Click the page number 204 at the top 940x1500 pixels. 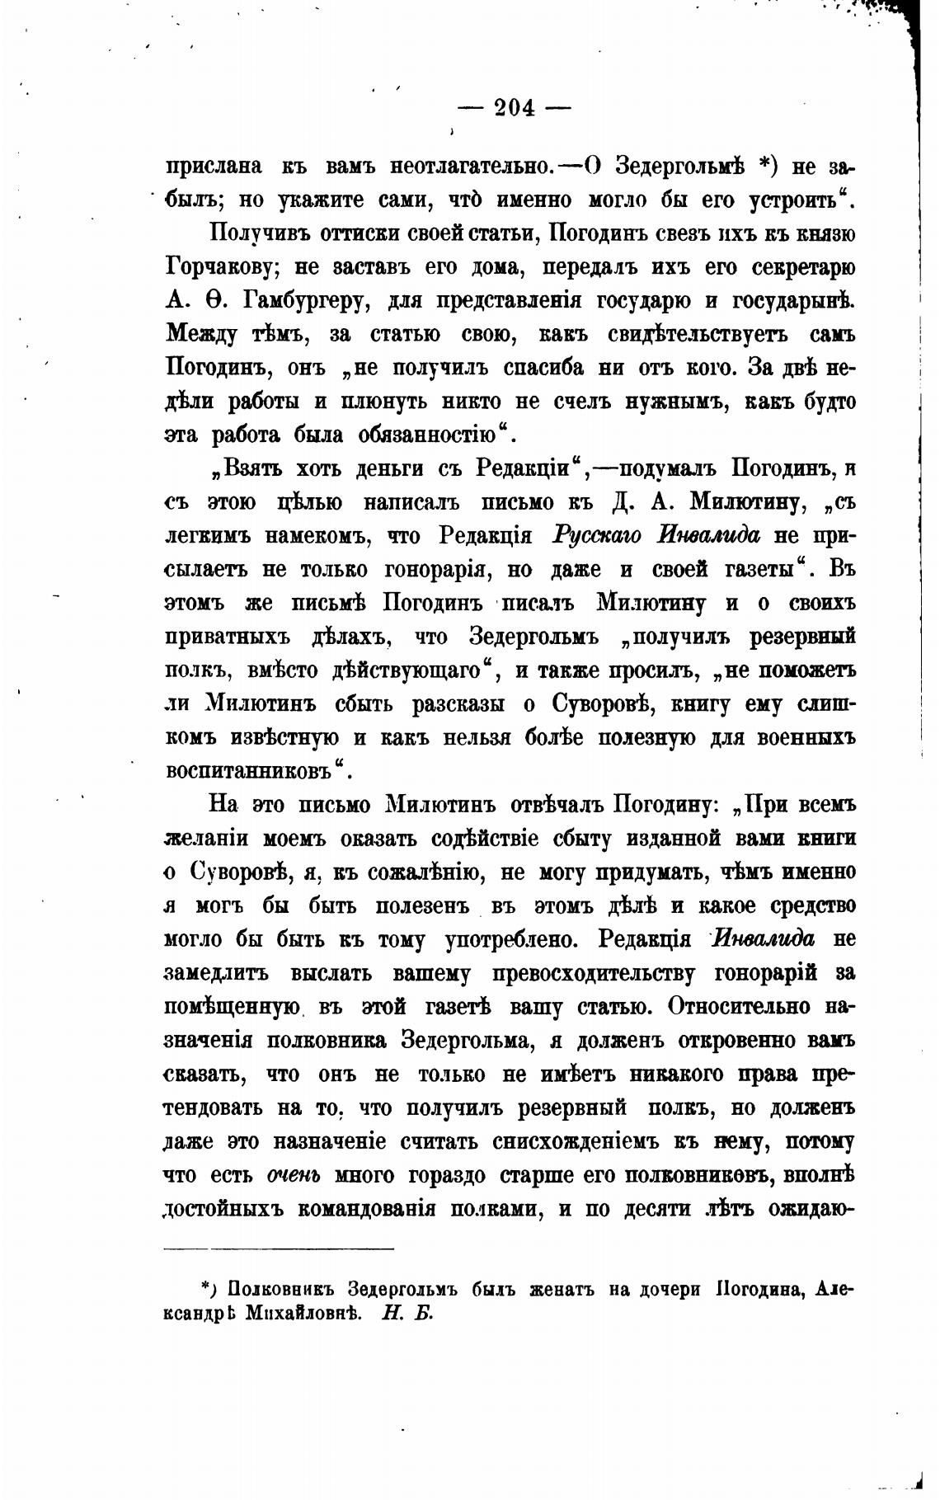point(514,107)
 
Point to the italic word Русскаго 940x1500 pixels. point(597,536)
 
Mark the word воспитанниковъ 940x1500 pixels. point(253,771)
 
